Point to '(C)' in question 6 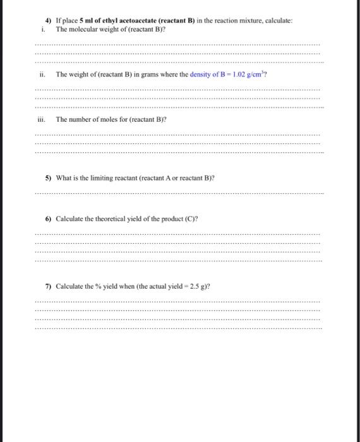pyautogui.click(x=191, y=218)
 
